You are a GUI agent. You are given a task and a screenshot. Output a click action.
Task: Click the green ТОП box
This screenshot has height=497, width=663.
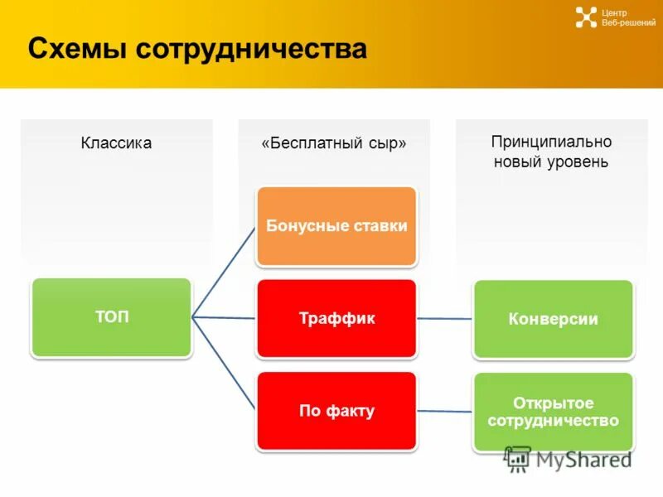click(111, 317)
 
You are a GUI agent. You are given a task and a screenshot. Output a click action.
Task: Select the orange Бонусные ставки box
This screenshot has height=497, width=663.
click(336, 226)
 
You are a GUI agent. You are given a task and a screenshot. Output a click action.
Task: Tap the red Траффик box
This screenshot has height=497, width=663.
click(336, 318)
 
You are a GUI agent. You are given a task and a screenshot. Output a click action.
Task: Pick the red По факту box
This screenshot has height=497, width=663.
click(336, 411)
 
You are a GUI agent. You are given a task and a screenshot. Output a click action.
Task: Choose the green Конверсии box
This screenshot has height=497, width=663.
click(553, 319)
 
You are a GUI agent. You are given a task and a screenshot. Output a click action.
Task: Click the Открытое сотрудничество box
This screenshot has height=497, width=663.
click(553, 412)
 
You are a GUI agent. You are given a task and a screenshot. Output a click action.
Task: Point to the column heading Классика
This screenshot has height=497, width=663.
click(116, 143)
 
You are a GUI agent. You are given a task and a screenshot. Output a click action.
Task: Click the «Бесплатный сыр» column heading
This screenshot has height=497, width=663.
click(334, 143)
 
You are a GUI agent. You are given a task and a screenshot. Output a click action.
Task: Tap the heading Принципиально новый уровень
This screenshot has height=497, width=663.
click(551, 152)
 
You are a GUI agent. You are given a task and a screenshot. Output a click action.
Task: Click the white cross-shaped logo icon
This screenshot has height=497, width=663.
click(586, 17)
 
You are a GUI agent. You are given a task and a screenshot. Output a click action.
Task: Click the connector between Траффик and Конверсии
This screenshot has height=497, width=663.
click(445, 318)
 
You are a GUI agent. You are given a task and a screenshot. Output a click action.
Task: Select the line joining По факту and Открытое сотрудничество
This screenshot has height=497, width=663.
click(445, 411)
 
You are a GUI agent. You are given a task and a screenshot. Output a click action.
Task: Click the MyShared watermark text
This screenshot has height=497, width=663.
click(583, 459)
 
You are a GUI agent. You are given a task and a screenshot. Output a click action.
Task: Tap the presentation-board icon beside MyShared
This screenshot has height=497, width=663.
click(518, 459)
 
